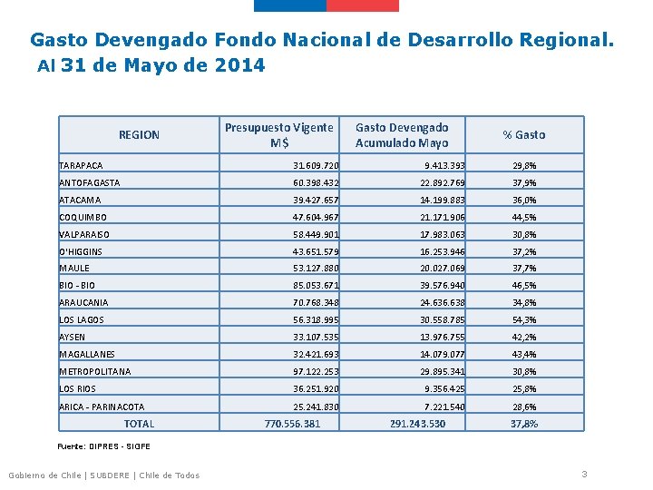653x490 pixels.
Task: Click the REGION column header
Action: (x=139, y=135)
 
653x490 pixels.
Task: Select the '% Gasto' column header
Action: (x=524, y=135)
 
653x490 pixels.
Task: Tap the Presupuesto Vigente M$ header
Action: (x=278, y=135)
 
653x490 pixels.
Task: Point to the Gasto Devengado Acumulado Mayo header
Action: (x=402, y=135)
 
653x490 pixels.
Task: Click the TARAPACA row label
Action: (x=82, y=166)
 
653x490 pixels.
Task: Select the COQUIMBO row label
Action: (x=83, y=218)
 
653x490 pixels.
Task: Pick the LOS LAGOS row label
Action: (x=82, y=320)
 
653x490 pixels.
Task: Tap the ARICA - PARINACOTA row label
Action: (x=102, y=407)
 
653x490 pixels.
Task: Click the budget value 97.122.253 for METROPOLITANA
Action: (x=316, y=372)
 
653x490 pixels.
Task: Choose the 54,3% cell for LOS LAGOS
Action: (x=523, y=320)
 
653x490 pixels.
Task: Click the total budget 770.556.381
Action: (x=292, y=424)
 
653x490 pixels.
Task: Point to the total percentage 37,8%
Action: (x=523, y=424)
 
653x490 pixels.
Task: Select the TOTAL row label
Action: (x=139, y=424)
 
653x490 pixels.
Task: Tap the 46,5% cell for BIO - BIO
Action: (x=523, y=286)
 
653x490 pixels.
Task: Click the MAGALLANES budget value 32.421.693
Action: (x=316, y=355)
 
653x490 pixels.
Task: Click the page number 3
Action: (x=585, y=475)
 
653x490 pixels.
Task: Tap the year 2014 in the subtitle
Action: (x=240, y=65)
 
